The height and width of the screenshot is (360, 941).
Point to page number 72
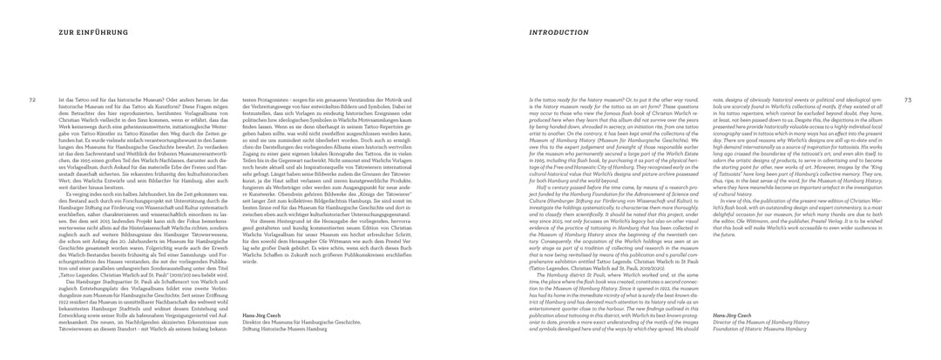point(33,99)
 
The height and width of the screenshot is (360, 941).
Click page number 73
point(908,99)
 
